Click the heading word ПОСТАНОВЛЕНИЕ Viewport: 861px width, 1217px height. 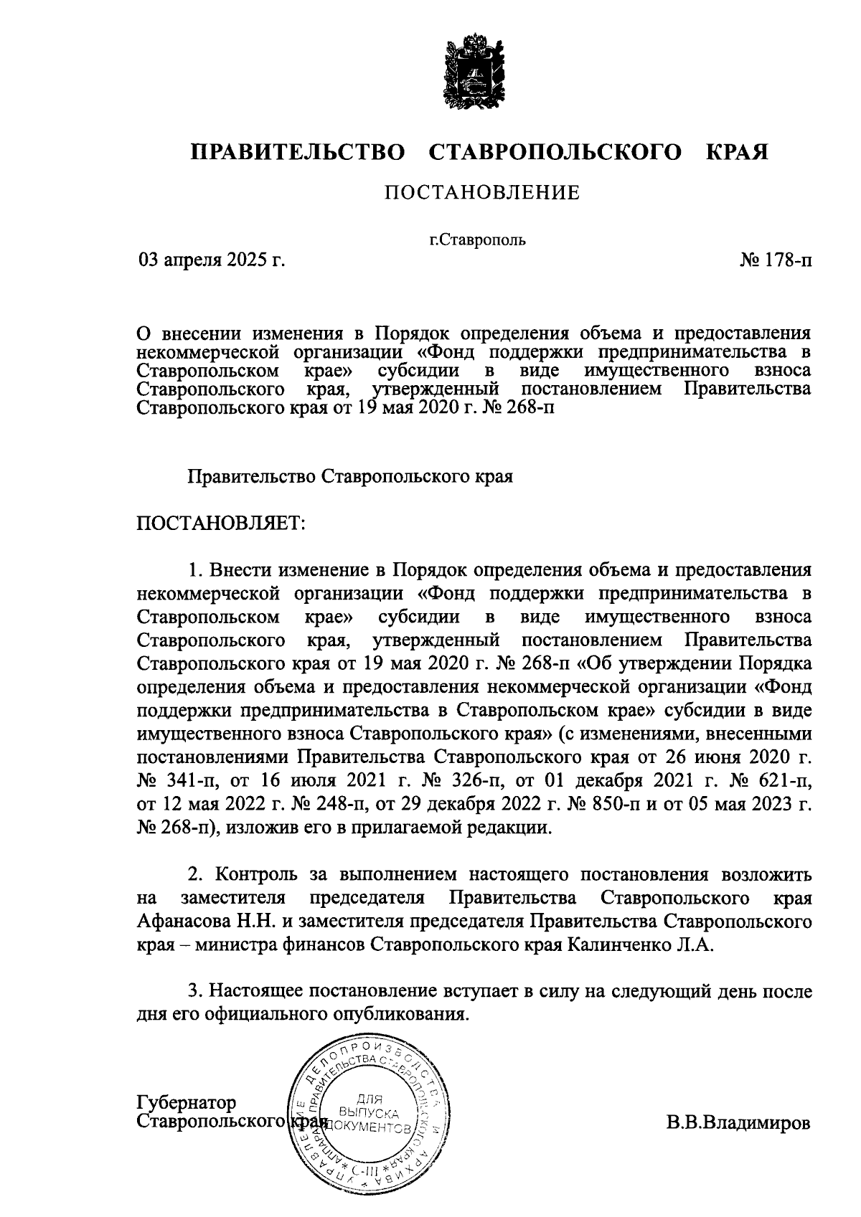[481, 193]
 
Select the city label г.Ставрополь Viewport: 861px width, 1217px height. [477, 240]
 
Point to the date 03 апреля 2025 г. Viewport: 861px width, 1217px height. [212, 260]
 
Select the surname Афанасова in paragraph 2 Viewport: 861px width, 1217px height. [183, 921]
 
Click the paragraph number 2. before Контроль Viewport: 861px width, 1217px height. [194, 875]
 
